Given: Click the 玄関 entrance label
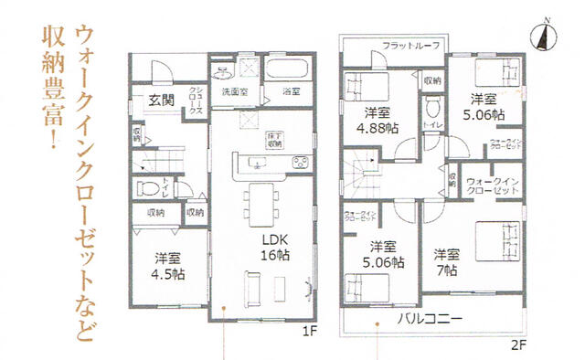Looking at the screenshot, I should click(x=163, y=101).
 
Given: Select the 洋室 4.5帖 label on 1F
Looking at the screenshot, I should click(x=168, y=266).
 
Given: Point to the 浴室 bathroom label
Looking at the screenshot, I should click(x=291, y=92).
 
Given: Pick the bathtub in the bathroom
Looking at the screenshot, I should click(x=292, y=69).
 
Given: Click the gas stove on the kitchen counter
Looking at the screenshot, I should click(x=300, y=164).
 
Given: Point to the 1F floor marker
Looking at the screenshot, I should click(x=308, y=332).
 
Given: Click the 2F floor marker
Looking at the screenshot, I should click(x=518, y=344).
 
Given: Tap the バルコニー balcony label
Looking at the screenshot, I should click(x=429, y=320).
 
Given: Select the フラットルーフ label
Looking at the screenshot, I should click(x=411, y=45).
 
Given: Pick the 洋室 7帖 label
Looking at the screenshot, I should click(x=447, y=262).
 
